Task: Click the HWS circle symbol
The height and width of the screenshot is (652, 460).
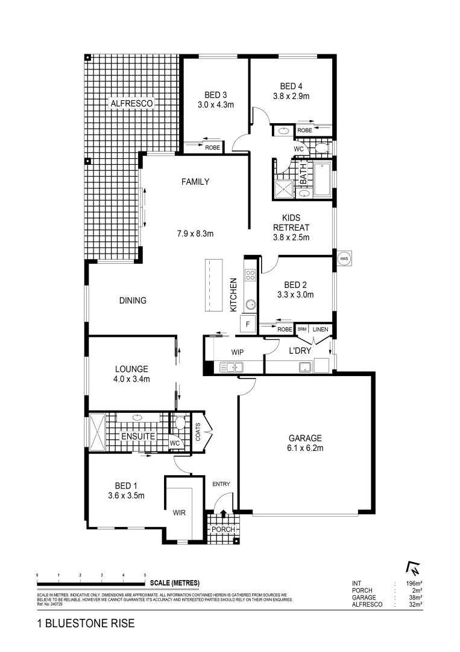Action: click(344, 258)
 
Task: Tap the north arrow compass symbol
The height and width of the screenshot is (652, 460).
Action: click(414, 568)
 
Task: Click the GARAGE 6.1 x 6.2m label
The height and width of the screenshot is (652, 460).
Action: click(305, 443)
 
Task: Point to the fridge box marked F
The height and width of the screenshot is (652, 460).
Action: click(247, 324)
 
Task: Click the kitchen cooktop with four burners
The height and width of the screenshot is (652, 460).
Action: click(250, 276)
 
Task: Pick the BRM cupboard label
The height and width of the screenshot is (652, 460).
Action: click(302, 329)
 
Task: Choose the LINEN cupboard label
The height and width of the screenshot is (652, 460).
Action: click(320, 329)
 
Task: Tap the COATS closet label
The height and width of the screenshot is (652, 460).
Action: click(198, 431)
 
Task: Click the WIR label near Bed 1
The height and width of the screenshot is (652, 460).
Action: click(179, 513)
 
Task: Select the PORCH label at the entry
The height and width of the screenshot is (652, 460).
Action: click(222, 529)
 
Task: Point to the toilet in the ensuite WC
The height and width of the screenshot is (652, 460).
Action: click(179, 423)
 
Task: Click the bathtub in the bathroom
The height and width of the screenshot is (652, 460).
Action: click(323, 180)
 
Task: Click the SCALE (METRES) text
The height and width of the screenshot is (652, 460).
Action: click(173, 583)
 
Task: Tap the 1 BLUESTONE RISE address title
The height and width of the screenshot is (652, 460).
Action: click(85, 623)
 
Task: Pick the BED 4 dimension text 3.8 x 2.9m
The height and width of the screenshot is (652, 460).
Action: click(291, 96)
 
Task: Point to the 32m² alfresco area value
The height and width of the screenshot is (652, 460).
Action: click(415, 604)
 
